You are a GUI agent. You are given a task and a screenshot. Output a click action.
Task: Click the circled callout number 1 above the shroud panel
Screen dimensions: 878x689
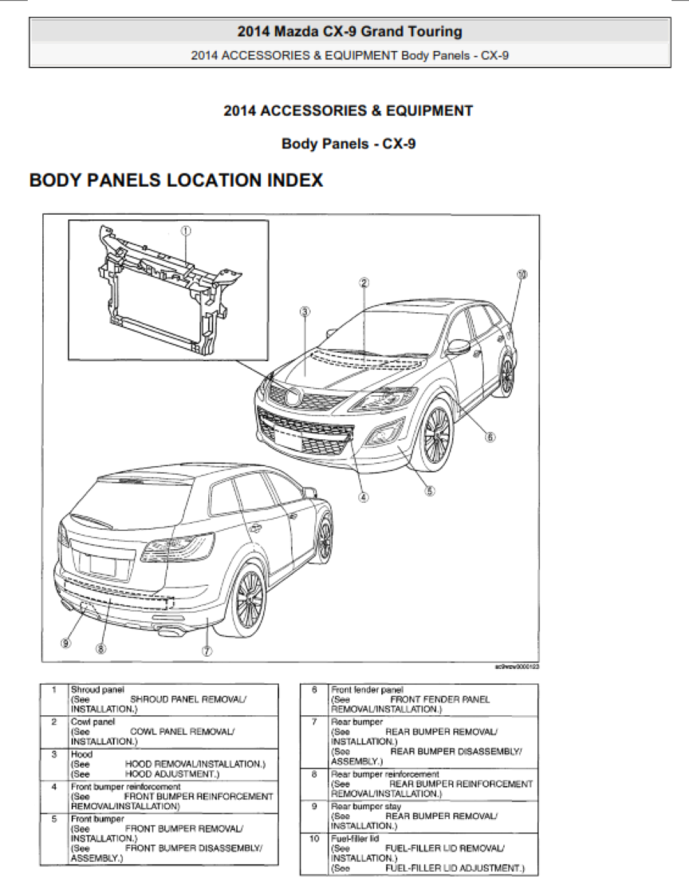185,230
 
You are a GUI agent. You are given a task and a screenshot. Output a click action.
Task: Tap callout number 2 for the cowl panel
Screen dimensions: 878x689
364,282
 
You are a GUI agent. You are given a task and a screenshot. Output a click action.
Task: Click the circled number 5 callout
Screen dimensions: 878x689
430,491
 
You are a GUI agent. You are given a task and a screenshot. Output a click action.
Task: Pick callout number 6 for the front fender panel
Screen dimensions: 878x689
490,437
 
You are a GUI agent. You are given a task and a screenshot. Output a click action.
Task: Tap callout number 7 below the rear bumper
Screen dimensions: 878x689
207,651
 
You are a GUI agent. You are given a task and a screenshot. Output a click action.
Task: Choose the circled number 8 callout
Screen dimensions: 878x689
100,649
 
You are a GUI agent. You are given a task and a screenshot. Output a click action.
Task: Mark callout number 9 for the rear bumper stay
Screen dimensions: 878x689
65,642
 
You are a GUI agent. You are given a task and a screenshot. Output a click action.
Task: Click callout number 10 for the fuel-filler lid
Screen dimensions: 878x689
522,274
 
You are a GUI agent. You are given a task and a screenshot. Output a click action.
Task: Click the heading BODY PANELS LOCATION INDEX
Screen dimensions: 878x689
176,181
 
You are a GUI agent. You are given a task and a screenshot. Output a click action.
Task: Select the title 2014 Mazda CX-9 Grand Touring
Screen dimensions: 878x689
349,32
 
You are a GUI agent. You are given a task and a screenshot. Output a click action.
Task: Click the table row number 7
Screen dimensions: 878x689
314,721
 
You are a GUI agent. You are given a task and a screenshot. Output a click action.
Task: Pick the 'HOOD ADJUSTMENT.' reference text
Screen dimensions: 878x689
171,774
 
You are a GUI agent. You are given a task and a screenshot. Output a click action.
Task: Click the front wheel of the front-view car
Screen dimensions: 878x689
436,435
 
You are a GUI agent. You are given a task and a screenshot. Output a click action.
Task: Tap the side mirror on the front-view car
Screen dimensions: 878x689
458,346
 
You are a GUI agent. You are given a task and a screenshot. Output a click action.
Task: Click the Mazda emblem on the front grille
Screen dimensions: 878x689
293,397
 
